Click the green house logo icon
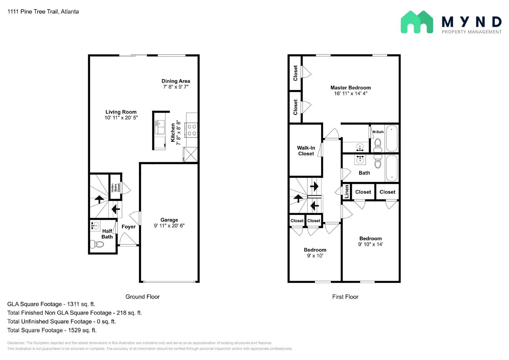[417, 22]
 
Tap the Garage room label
[169, 220]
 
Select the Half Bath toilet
[97, 244]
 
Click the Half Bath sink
[95, 225]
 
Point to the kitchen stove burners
[192, 130]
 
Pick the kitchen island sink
[159, 127]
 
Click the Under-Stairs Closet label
[115, 188]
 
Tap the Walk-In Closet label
[306, 151]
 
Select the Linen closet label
[346, 191]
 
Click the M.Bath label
[378, 132]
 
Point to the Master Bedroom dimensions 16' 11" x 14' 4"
[351, 93]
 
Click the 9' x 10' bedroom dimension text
[315, 256]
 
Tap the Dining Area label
[176, 81]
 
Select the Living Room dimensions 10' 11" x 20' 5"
[121, 118]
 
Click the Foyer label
[129, 227]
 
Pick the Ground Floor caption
[143, 297]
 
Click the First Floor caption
[345, 297]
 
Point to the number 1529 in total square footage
[74, 330]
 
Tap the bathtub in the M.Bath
[392, 138]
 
